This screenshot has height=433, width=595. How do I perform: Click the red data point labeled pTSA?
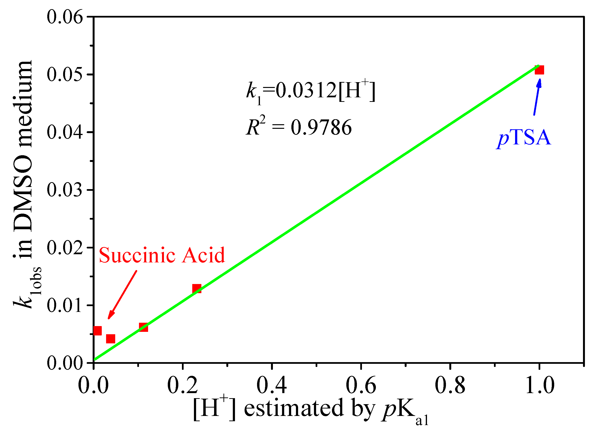pos(539,70)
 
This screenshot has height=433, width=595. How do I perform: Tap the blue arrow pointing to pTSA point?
pos(537,97)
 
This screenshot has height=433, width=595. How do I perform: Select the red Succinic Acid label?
pos(162,255)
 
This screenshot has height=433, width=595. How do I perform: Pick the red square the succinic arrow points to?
pos(110,339)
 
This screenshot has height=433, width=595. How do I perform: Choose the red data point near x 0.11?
pos(143,328)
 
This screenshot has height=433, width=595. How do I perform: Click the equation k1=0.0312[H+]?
pos(311,91)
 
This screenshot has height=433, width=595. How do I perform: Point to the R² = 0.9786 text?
pos(299,127)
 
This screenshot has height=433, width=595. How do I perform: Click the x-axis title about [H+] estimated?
pos(311,410)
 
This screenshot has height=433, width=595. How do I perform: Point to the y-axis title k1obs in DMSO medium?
pos(25,184)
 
